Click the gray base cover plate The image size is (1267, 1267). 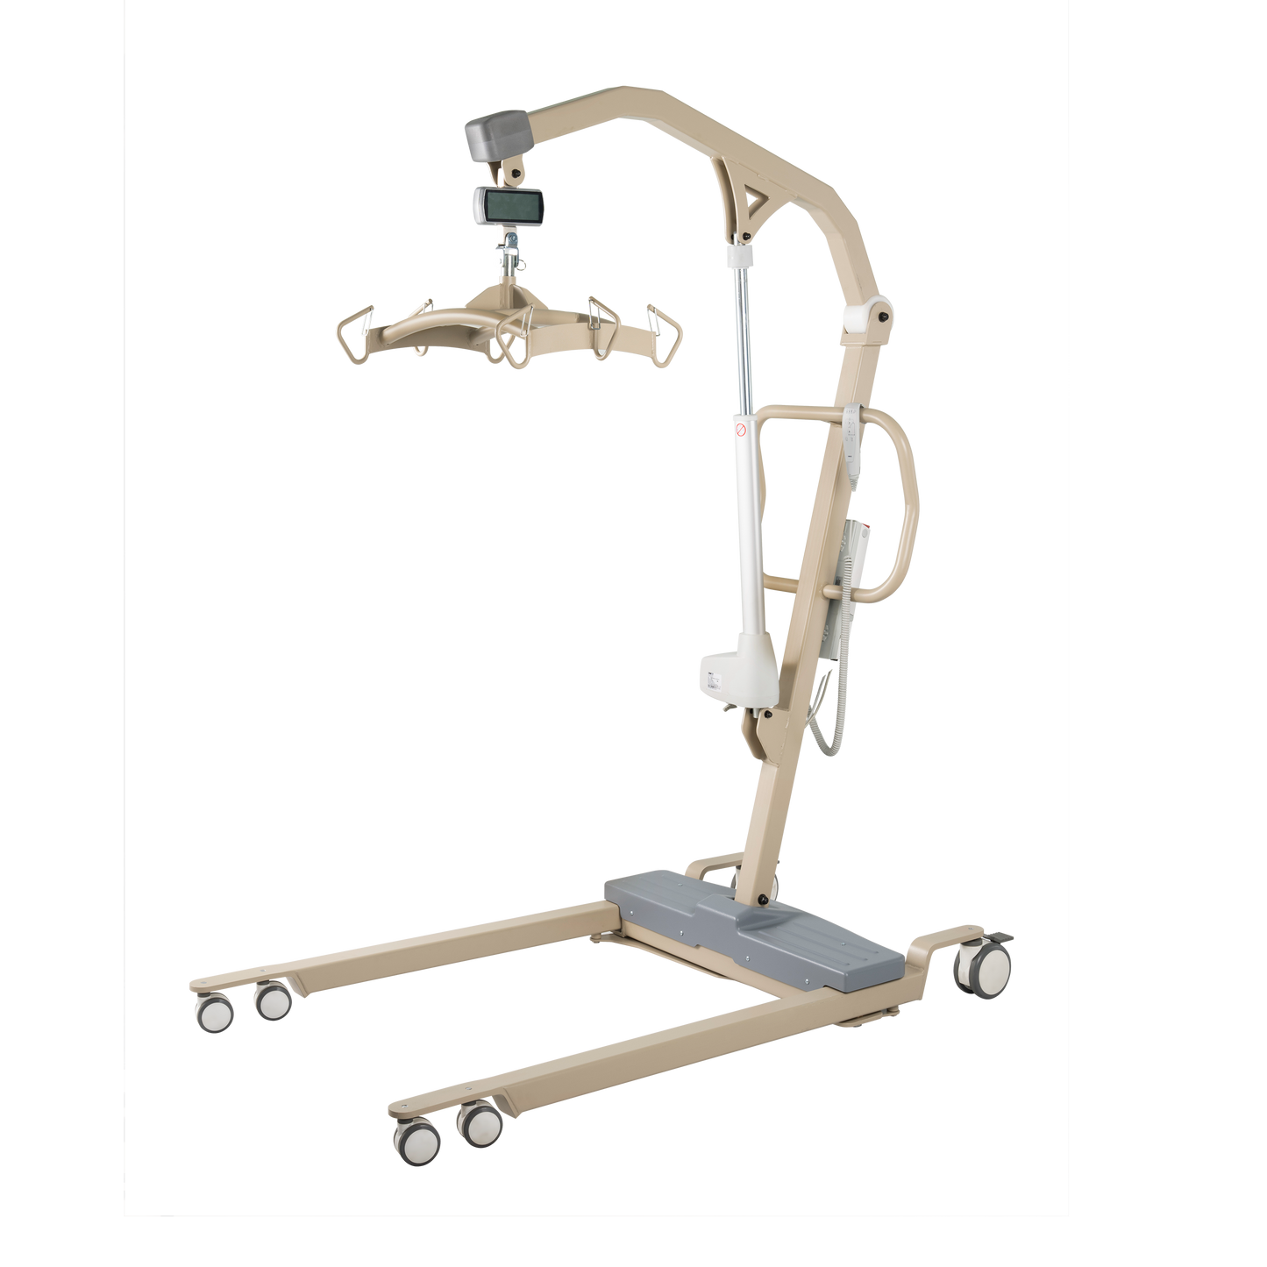(754, 929)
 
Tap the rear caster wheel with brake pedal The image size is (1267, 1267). (982, 970)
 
